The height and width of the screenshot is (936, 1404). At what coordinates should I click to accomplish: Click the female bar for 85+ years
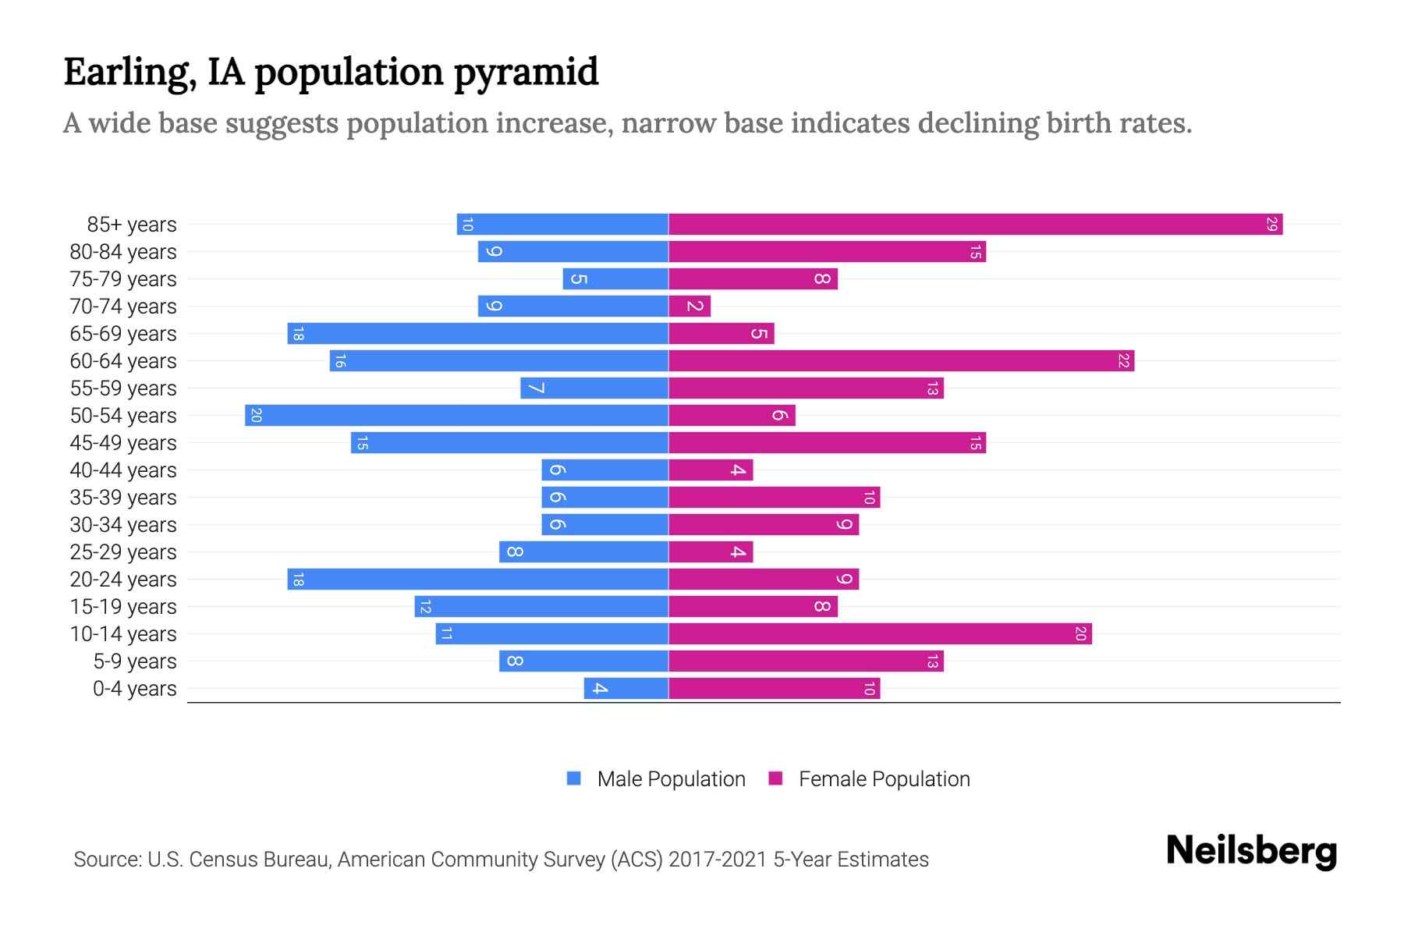(975, 225)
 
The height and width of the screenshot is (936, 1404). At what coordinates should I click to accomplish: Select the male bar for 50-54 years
(456, 416)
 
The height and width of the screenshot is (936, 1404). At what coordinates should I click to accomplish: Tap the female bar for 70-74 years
(690, 307)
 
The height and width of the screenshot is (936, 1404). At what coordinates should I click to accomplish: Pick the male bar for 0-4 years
(626, 689)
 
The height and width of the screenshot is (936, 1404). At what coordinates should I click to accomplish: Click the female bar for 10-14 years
(880, 634)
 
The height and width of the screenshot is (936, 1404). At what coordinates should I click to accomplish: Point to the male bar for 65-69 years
(477, 334)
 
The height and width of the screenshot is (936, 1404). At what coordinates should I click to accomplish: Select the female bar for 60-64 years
(901, 361)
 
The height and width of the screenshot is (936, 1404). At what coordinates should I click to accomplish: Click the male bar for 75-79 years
(615, 279)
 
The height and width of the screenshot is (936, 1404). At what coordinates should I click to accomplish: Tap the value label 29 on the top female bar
(1271, 225)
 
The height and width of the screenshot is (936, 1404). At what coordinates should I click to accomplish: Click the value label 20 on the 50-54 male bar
(256, 416)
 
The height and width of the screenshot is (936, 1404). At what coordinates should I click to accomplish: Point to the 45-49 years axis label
(123, 443)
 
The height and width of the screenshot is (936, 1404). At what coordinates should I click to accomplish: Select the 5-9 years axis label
(135, 661)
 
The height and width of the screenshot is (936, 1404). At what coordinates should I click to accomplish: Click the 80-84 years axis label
(123, 252)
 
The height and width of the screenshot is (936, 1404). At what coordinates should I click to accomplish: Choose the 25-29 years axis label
(123, 552)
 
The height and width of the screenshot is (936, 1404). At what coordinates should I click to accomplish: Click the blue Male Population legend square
(574, 778)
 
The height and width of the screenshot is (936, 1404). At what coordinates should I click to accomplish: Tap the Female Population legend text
(884, 778)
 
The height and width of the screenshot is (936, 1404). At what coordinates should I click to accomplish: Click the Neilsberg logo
(1251, 850)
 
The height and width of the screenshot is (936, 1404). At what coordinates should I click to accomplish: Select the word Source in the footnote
(106, 860)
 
